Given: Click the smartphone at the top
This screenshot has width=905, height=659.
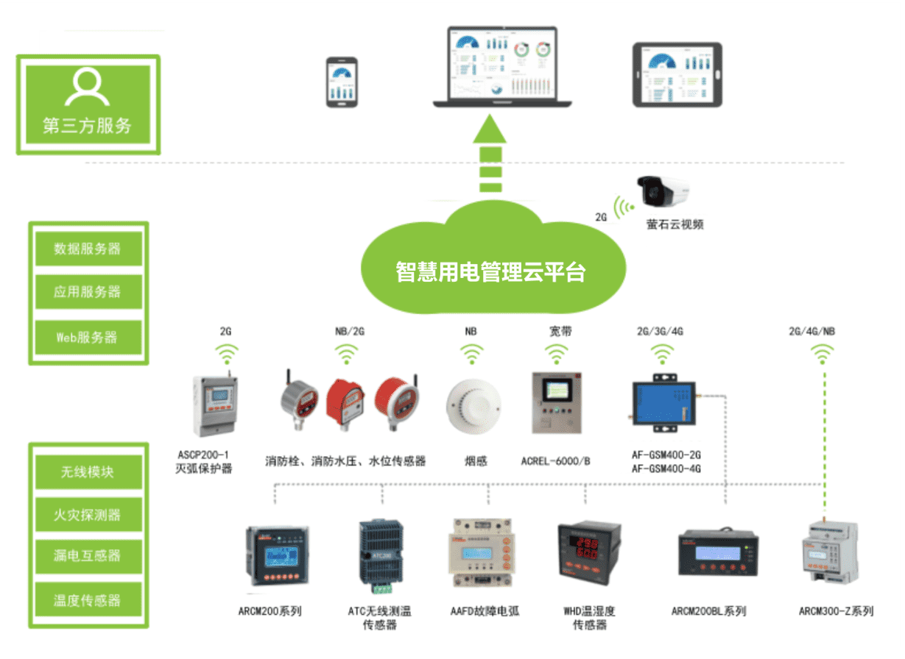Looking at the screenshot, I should (x=342, y=82).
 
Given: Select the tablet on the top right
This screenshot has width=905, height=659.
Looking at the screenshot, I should (x=677, y=74).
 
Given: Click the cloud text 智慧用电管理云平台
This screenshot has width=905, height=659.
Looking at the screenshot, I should (x=490, y=272).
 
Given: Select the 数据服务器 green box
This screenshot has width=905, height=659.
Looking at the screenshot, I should (x=88, y=249).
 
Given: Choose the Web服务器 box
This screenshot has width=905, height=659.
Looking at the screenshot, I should (x=88, y=338).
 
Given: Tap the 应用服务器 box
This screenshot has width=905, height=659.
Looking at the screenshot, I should (x=88, y=292).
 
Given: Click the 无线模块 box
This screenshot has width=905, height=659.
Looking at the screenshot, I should (x=88, y=471).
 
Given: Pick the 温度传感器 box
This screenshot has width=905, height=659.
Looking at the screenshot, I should (x=88, y=600).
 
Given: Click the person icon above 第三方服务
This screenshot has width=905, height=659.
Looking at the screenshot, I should (x=87, y=87).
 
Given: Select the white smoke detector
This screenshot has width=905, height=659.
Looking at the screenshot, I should (x=473, y=407).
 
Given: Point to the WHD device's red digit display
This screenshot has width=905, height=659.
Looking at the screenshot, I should (x=587, y=547).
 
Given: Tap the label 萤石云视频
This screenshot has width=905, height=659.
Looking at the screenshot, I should (x=675, y=224).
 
